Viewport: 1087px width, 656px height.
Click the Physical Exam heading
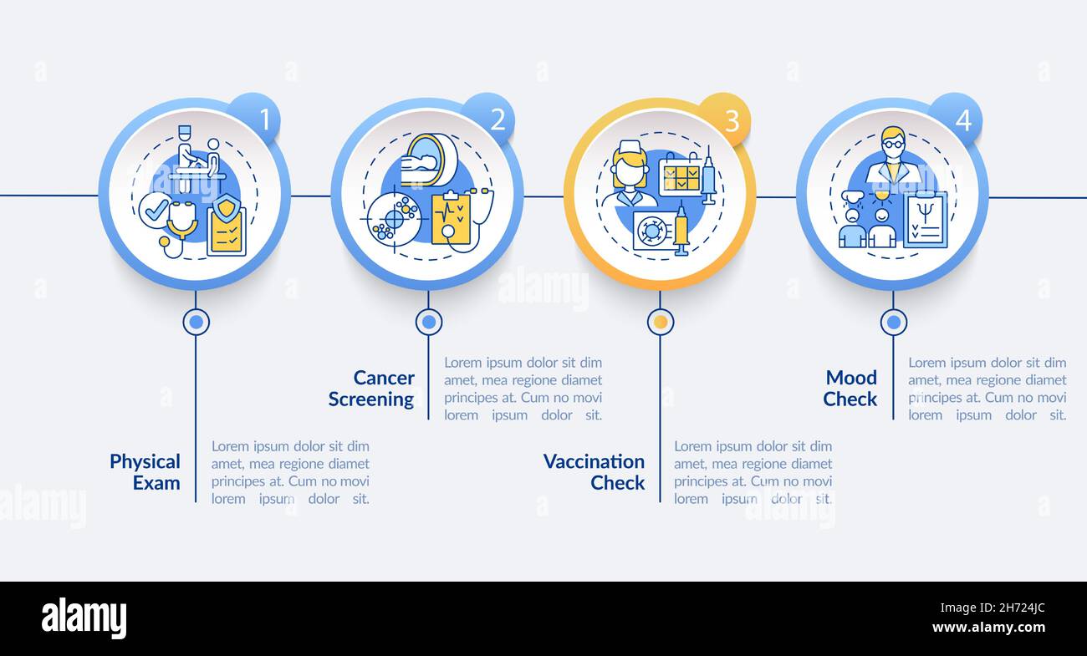tap(145, 472)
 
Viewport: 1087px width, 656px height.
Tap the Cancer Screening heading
tap(371, 389)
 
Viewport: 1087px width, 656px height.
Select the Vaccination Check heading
tap(595, 472)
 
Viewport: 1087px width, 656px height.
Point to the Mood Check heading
tap(850, 389)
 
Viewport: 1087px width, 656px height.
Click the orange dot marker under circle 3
tap(661, 322)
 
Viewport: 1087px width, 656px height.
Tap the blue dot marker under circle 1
tap(196, 322)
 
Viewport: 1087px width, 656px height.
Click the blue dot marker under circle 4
tap(893, 322)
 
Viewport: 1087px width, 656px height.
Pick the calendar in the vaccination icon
tap(679, 176)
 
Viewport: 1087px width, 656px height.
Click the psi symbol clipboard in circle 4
tap(925, 220)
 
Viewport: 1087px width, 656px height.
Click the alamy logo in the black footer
tap(84, 618)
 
